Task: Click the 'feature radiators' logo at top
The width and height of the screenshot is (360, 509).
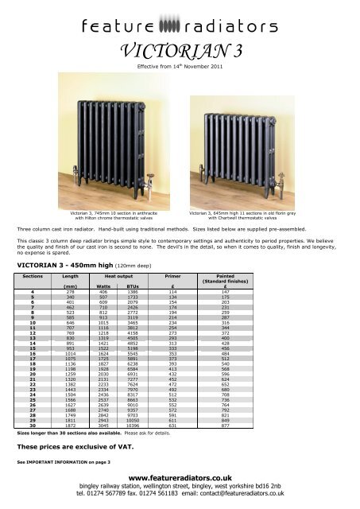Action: [x=180, y=20]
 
